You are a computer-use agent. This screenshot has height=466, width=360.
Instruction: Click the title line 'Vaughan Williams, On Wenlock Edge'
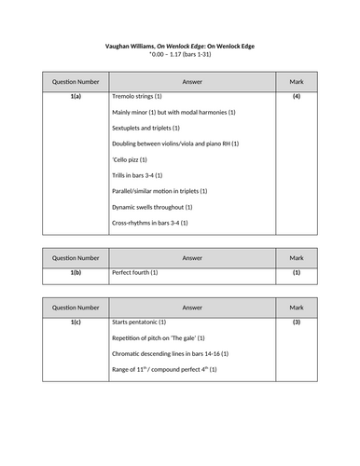point(179,46)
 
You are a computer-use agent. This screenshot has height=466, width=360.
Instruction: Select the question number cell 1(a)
point(75,96)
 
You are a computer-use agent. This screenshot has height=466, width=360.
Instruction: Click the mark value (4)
point(297,96)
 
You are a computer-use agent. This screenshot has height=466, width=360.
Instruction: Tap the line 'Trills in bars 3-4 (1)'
point(138,175)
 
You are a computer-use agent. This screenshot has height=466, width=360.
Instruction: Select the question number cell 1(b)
point(75,272)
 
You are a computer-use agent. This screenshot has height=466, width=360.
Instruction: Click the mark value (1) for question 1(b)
point(297,272)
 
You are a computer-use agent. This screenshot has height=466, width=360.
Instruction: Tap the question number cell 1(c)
point(75,322)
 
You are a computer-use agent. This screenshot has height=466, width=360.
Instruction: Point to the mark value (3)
point(297,322)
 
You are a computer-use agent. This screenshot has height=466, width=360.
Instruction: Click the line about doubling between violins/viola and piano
point(175,144)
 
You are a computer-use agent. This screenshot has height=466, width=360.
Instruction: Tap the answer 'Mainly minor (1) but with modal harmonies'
point(173,112)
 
